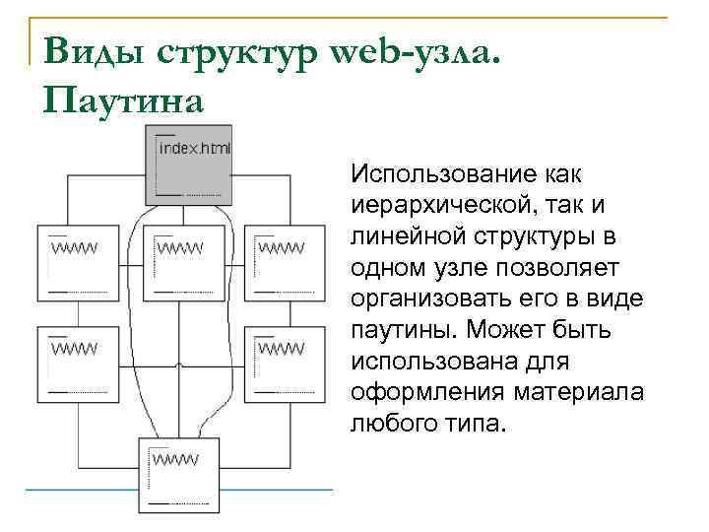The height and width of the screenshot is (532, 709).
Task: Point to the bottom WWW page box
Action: point(178,474)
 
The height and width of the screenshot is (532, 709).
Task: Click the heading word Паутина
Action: point(123,100)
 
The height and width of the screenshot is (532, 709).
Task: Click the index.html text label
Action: point(194,149)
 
